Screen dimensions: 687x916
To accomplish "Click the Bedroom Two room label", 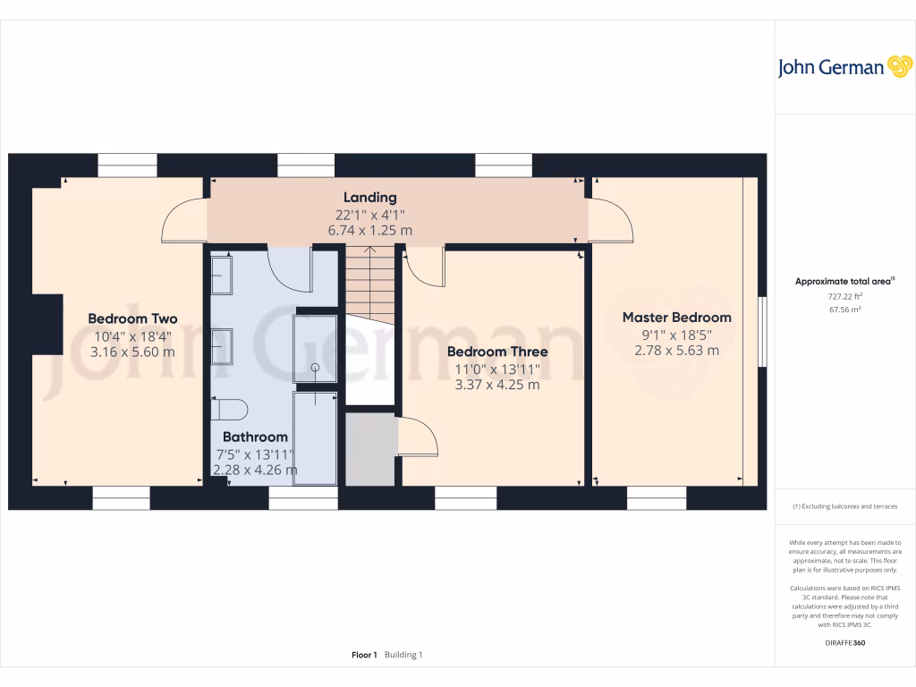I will (132, 318).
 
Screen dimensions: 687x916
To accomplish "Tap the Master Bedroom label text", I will (676, 318).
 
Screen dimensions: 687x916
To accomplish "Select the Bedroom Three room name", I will (497, 352).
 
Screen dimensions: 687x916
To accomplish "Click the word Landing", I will (369, 197).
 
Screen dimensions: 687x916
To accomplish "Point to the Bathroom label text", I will (255, 437).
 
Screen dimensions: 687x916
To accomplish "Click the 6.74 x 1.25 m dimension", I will (369, 230).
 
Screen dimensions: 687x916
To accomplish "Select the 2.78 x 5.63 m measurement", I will (676, 350).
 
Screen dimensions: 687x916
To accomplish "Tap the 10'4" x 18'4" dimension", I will (132, 336).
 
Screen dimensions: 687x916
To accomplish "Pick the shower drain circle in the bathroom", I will (315, 368).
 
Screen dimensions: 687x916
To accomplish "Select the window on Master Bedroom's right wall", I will (762, 331).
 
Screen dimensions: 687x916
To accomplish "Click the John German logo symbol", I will (898, 67).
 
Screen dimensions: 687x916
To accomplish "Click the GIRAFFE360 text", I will (845, 642).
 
